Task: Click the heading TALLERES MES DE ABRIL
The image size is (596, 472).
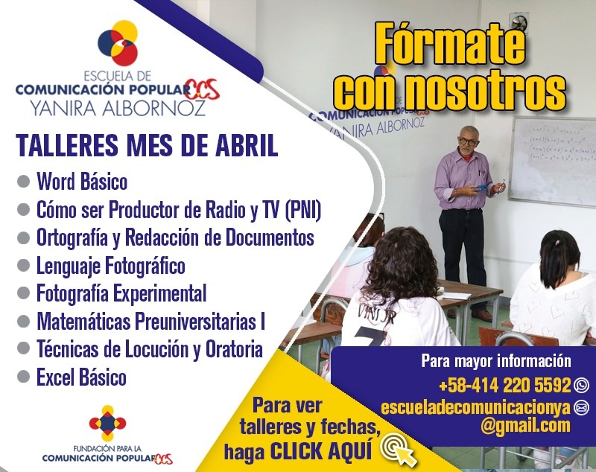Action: point(147,146)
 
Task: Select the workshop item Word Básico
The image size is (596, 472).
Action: point(82,181)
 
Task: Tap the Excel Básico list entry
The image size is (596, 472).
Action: point(81,377)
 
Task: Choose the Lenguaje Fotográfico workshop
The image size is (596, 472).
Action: point(110,265)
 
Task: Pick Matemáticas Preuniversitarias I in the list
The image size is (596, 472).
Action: point(150,322)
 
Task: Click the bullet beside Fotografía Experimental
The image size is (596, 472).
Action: point(23,293)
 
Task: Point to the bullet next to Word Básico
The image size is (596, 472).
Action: point(23,181)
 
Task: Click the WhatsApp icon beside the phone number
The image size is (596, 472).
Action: point(582,386)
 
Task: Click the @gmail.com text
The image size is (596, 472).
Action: point(525,426)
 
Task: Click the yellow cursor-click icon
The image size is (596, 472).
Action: point(398,447)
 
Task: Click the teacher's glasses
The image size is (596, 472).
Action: point(468,141)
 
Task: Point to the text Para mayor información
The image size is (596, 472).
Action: point(495,363)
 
